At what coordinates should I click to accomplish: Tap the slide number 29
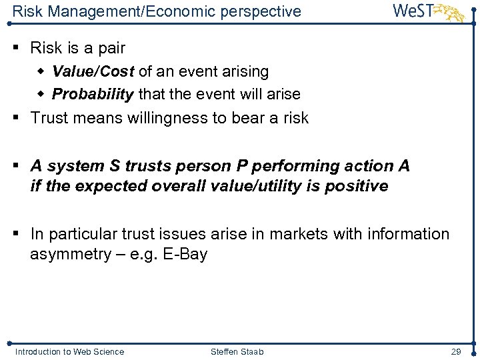456,351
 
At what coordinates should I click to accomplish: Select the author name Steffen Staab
237,351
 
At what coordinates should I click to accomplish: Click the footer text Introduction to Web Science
69,351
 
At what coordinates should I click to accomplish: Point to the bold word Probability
93,94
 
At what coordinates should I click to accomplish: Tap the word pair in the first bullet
111,48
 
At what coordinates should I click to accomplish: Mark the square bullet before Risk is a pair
18,48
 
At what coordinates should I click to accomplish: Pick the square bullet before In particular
18,234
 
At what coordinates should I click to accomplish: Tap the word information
407,234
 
